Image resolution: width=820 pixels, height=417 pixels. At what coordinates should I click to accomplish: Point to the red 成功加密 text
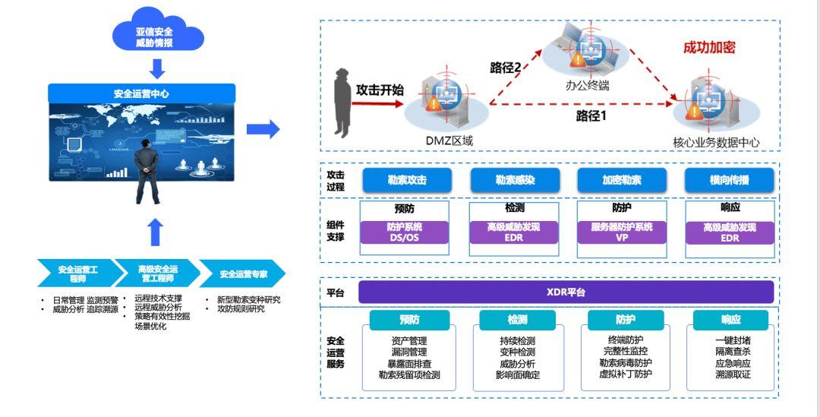(709, 48)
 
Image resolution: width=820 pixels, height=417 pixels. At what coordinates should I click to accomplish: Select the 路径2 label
(505, 68)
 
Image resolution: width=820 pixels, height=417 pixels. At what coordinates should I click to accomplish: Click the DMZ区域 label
(449, 141)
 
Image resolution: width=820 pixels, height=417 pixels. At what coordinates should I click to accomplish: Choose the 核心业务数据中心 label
(716, 142)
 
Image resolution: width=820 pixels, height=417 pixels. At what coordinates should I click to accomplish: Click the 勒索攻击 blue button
(407, 180)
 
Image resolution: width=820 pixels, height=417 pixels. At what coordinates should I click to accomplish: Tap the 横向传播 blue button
(730, 180)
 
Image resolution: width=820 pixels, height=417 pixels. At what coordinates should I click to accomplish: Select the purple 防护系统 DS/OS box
(405, 232)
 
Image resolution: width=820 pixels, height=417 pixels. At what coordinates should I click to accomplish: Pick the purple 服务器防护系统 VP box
(622, 232)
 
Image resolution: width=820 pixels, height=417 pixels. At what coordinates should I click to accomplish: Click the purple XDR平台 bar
(566, 292)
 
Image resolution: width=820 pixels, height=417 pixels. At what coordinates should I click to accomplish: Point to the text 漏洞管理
(410, 352)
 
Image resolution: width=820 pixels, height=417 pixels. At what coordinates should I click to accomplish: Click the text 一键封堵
(733, 341)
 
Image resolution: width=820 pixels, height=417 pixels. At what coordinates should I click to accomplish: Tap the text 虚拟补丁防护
(625, 374)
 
